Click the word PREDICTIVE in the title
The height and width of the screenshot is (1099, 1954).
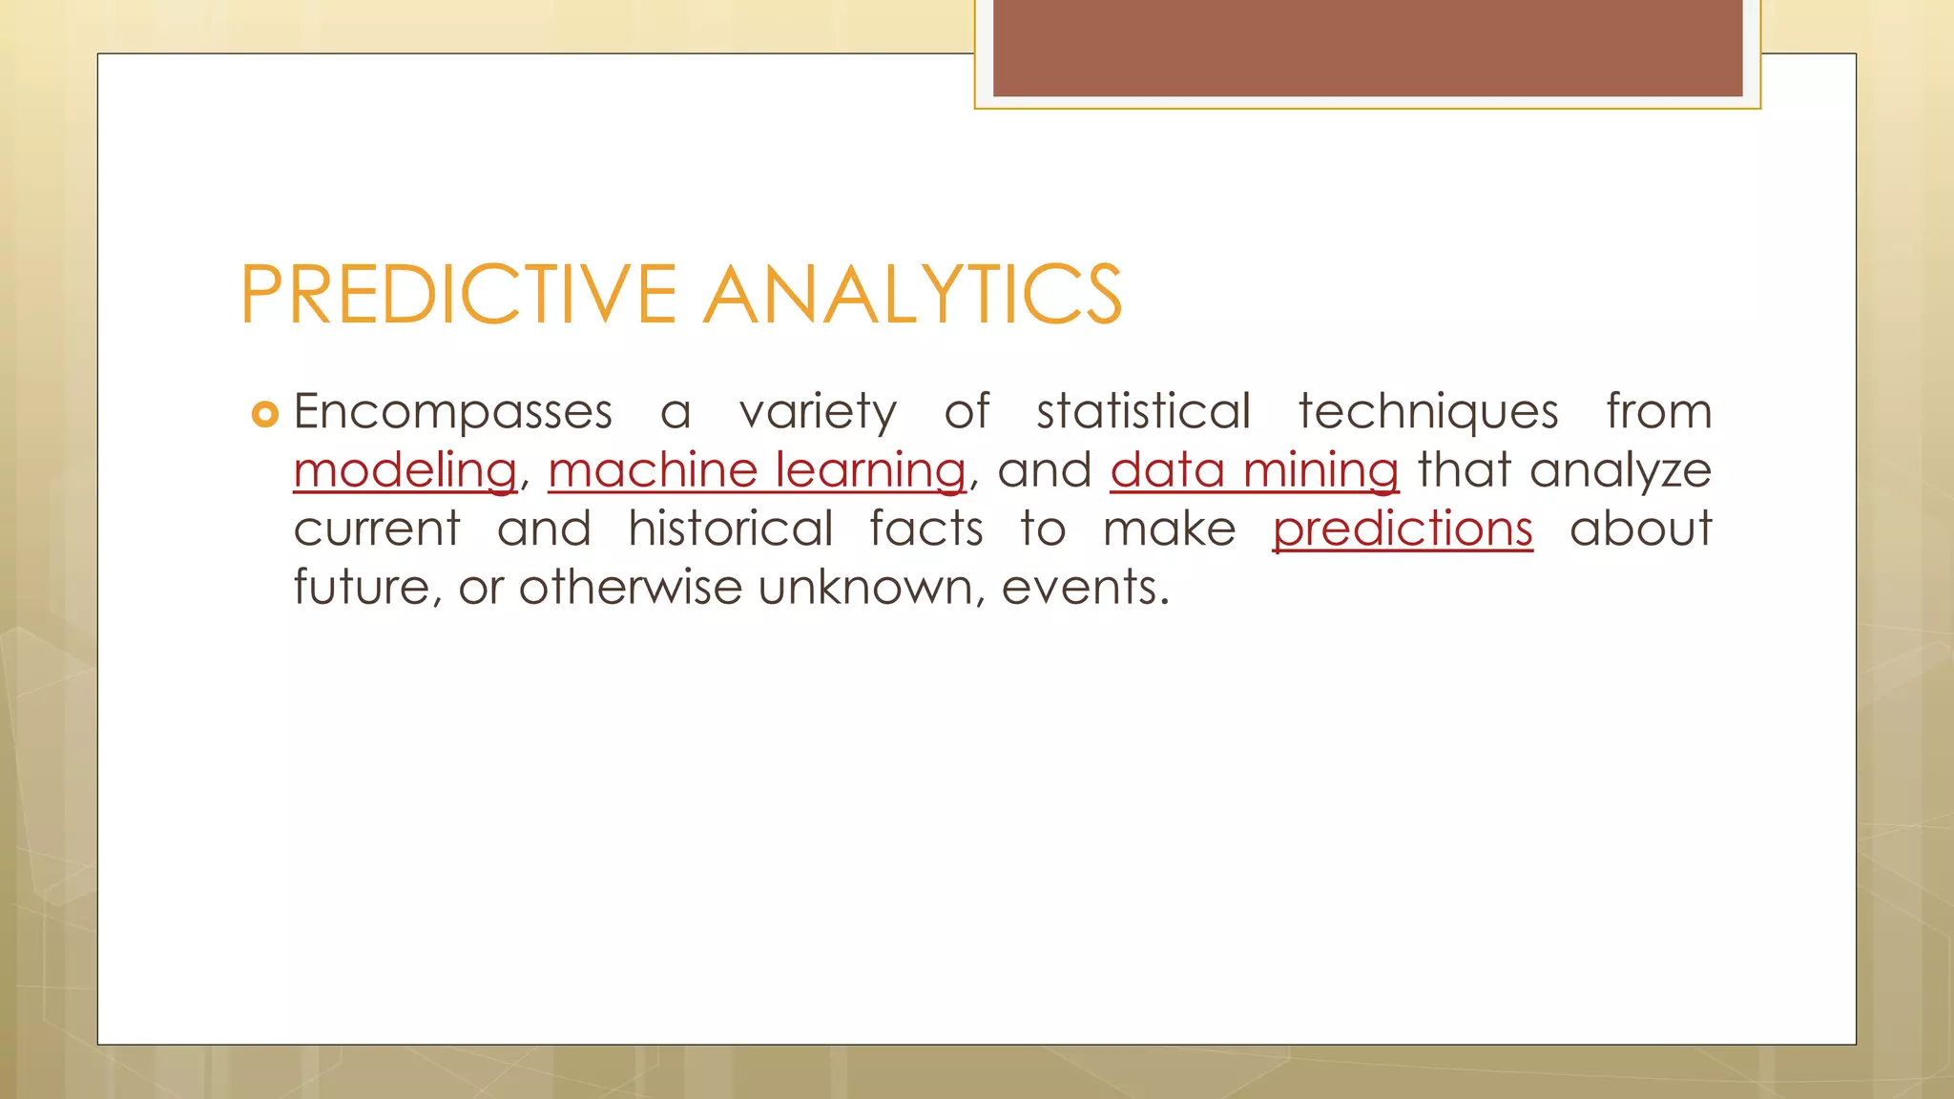[x=458, y=295]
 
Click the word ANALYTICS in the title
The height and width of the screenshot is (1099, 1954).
[x=913, y=295]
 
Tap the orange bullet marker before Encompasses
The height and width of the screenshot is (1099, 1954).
[x=264, y=414]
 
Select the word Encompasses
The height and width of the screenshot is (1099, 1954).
[x=452, y=414]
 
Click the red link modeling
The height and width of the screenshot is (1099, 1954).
[x=405, y=471]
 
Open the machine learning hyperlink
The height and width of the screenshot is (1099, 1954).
[x=757, y=471]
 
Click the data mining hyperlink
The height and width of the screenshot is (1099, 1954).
[x=1254, y=471]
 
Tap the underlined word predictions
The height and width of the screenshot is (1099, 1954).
[x=1403, y=530]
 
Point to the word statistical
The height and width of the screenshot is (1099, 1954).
[x=1143, y=412]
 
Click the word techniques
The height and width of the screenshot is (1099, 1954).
[x=1428, y=414]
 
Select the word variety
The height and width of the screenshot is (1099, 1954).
[x=818, y=414]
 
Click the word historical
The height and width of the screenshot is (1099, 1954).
[x=731, y=529]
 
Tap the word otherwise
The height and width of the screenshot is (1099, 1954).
[x=631, y=588]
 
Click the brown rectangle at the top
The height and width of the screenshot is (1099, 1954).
[x=1367, y=48]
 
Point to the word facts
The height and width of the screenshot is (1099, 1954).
[x=925, y=529]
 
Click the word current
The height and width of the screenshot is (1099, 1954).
[x=377, y=530]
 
